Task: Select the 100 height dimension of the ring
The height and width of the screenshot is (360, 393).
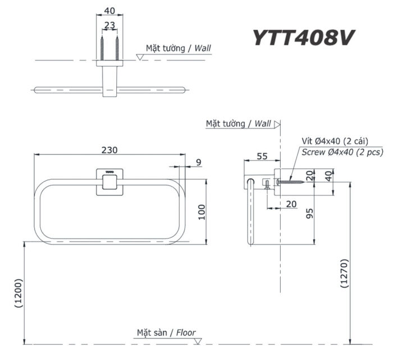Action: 202,212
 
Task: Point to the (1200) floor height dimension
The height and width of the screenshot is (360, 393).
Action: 19,293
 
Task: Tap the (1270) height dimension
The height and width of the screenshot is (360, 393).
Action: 345,274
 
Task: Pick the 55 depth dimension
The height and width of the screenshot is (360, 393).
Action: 262,156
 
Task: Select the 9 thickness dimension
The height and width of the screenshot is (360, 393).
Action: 198,163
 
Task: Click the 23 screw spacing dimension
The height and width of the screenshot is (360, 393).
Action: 109,25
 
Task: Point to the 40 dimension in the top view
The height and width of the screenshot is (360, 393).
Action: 109,11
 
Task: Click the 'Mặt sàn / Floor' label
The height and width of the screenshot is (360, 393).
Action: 166,332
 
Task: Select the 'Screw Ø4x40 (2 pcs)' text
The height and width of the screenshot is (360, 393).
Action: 342,152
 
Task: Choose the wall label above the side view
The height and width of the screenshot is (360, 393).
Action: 238,124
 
